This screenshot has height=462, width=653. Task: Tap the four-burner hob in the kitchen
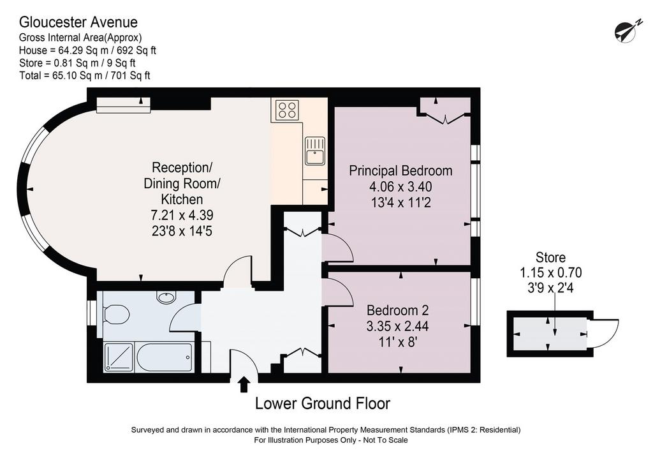[x=288, y=109]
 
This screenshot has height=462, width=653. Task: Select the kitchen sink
[x=315, y=151]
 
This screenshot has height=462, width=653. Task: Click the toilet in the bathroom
[x=114, y=314]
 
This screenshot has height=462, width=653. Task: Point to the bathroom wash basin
[x=166, y=297]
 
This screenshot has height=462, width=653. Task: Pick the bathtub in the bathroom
[x=164, y=357]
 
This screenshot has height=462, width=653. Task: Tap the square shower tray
[x=119, y=357]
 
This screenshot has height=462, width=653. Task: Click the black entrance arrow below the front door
[x=244, y=385]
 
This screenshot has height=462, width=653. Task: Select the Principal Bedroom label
[x=400, y=171]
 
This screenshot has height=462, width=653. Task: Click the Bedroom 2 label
[x=398, y=310]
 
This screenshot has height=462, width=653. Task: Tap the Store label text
[x=550, y=257]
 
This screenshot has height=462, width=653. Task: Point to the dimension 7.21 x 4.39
[x=182, y=215]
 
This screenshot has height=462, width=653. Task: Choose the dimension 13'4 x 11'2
[x=400, y=203]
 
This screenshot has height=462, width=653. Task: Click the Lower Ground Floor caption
[x=323, y=403]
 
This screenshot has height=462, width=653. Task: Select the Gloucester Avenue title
[x=78, y=22]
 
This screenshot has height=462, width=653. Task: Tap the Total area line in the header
[x=85, y=75]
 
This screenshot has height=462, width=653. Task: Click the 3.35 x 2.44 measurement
[x=398, y=326]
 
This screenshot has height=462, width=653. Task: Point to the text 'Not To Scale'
[x=386, y=440]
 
